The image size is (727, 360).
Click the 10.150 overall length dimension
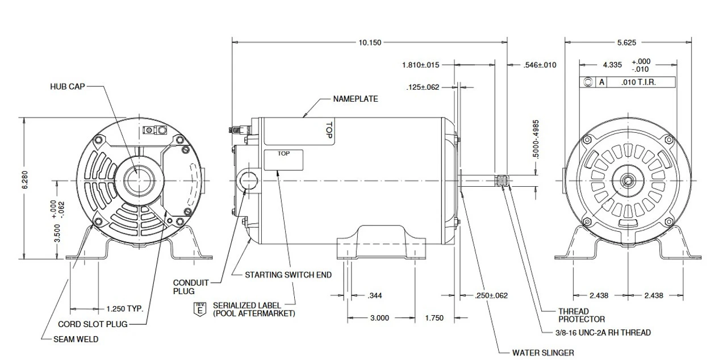coord(370,42)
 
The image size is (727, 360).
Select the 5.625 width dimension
coord(628,42)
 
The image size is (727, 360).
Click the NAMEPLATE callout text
coord(355,99)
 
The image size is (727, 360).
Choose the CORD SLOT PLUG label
coord(93,325)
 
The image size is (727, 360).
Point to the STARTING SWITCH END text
coord(288,275)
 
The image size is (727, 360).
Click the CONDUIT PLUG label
coord(191,287)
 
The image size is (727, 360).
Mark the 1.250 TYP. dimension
coord(124,309)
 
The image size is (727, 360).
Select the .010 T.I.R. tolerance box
coord(641,82)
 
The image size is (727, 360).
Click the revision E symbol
coord(199,309)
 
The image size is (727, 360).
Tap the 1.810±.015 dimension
coord(421,65)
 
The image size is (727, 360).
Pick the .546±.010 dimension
coord(540,65)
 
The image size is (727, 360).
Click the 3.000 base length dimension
coord(379,318)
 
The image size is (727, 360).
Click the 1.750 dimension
coord(433,318)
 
